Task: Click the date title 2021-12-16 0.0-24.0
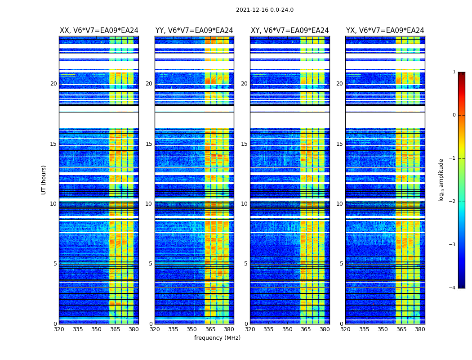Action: click(x=264, y=10)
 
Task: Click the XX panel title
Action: click(x=99, y=31)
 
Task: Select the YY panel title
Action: click(x=194, y=31)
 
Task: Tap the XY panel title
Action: click(x=289, y=31)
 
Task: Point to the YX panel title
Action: click(x=385, y=31)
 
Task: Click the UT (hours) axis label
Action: click(x=44, y=180)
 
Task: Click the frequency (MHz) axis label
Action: click(x=217, y=338)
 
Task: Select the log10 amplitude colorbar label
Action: click(x=441, y=180)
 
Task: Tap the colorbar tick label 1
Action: click(x=454, y=72)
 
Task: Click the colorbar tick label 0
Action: click(x=454, y=115)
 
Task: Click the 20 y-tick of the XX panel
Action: click(x=53, y=84)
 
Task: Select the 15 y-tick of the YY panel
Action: click(x=149, y=144)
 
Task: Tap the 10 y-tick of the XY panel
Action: click(x=244, y=204)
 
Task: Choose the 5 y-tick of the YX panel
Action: click(x=341, y=264)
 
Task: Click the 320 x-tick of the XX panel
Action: click(x=59, y=329)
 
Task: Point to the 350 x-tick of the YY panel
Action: click(x=192, y=329)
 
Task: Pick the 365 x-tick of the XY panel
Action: click(x=306, y=329)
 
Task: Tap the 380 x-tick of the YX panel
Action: click(x=420, y=329)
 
